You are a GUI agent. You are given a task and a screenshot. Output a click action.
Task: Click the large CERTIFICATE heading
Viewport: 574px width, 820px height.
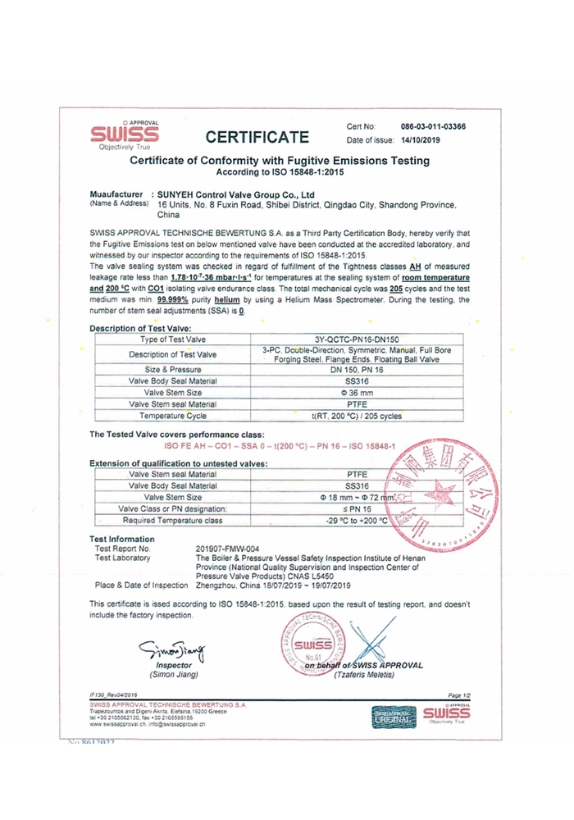click(257, 136)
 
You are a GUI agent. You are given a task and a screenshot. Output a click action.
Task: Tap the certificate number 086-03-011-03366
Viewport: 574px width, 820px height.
click(433, 127)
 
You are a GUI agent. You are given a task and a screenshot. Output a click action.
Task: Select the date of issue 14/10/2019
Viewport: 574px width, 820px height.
click(432, 141)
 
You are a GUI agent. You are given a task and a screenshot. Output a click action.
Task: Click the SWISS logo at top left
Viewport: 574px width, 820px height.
click(124, 134)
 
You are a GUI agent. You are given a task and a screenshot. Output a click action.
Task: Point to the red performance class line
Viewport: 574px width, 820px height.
click(280, 445)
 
